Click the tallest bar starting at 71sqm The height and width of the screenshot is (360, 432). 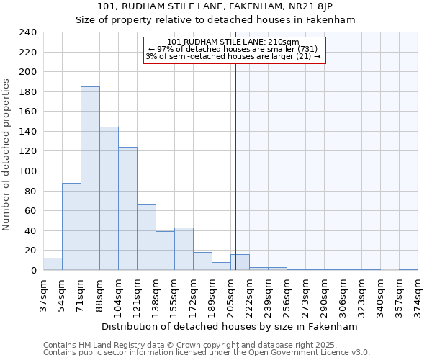tap(90, 179)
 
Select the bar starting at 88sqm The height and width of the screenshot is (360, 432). tap(109, 199)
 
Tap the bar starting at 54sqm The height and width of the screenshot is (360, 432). tap(71, 227)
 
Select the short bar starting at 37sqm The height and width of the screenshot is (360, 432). tap(53, 264)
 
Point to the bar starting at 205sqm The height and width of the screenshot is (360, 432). tap(240, 263)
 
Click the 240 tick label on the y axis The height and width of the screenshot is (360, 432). tap(27, 32)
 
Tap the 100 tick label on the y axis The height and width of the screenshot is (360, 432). tap(27, 171)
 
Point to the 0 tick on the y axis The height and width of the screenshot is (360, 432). tap(33, 270)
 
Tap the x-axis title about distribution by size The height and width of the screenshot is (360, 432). tap(230, 326)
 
